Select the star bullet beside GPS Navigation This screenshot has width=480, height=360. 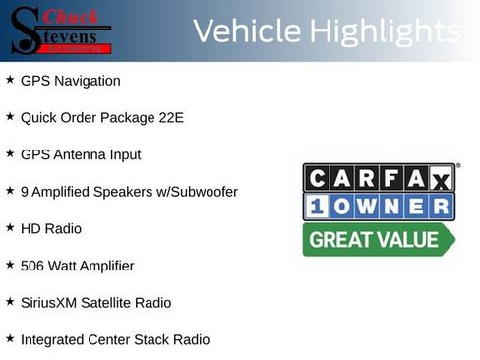(x=10, y=80)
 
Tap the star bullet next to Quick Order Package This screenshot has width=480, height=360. (x=10, y=116)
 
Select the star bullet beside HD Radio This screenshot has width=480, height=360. (x=10, y=227)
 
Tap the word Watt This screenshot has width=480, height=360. (x=67, y=266)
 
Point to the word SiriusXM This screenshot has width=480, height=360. (x=49, y=302)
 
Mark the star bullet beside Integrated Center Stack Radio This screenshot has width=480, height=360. (x=10, y=338)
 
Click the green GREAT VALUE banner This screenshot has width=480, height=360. (x=378, y=239)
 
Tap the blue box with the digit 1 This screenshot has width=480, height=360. (x=318, y=207)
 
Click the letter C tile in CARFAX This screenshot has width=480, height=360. (x=318, y=178)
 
